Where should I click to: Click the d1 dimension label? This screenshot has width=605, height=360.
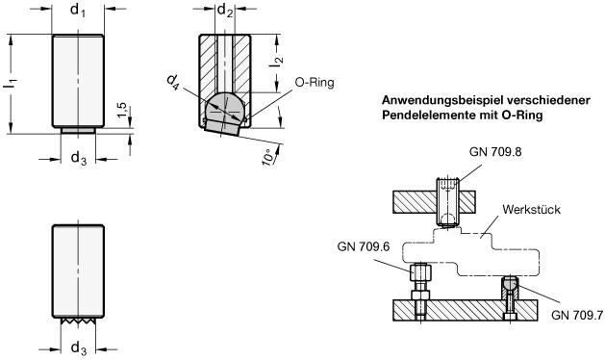click(x=78, y=11)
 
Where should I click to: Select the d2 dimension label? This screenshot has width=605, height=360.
click(x=225, y=11)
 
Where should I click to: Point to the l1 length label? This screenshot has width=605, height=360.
click(x=11, y=84)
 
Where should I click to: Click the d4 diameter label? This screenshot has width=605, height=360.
click(x=173, y=82)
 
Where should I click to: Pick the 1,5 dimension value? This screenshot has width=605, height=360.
click(x=122, y=111)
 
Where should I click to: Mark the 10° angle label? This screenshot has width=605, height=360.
click(x=269, y=156)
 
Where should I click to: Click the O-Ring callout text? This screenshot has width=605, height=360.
click(x=315, y=82)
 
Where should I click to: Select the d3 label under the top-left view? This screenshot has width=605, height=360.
click(x=79, y=158)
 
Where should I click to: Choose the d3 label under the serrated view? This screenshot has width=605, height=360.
click(x=79, y=348)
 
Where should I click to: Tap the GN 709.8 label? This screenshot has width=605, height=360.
click(x=495, y=152)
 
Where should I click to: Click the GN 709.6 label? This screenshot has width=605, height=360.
click(x=364, y=246)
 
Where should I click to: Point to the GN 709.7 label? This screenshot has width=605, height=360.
click(x=577, y=315)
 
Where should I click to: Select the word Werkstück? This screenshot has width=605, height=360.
click(x=531, y=210)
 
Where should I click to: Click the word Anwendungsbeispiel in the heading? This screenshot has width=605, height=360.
click(x=442, y=100)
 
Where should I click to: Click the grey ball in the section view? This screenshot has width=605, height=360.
click(x=224, y=108)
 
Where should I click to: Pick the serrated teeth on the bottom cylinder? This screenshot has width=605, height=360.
click(x=78, y=321)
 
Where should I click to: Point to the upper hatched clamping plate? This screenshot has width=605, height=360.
click(x=434, y=202)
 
